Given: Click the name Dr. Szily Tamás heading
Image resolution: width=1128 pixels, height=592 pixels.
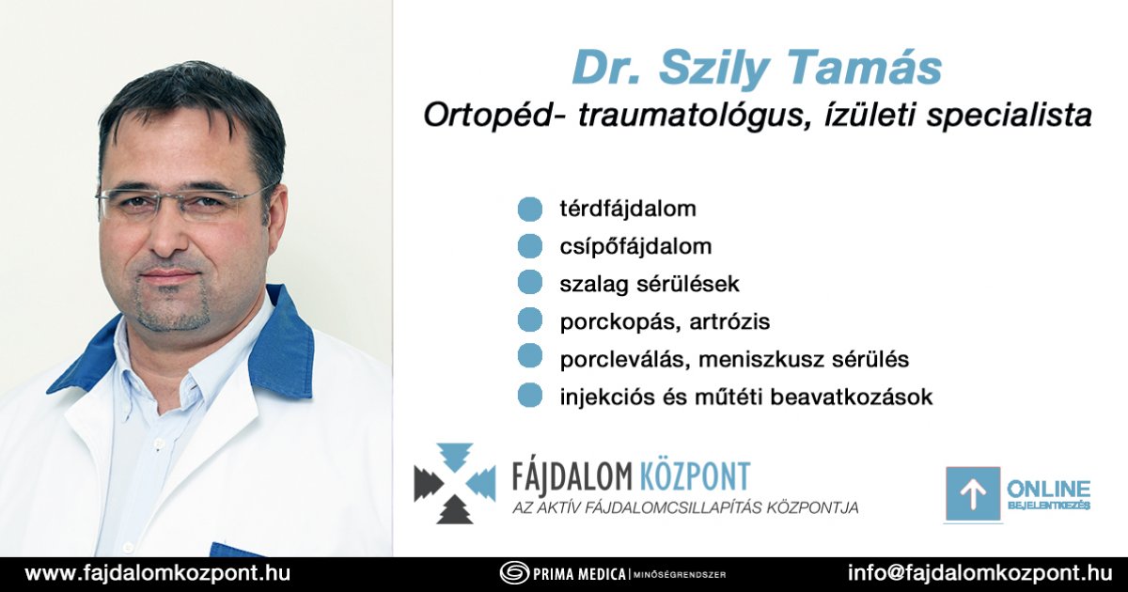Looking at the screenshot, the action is [757, 70].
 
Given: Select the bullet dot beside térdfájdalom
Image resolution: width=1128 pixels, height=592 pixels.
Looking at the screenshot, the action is [530, 209].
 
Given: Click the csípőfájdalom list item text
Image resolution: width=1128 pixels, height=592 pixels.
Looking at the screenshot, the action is [635, 246].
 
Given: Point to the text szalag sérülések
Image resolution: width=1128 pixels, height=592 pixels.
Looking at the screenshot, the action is [650, 284].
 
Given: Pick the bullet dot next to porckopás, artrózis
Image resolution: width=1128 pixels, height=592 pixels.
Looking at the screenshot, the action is [530, 320].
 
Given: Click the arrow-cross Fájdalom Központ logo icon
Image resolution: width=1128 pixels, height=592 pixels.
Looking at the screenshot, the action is [455, 483].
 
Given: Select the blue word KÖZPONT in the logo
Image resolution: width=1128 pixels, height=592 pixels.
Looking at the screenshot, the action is [695, 476].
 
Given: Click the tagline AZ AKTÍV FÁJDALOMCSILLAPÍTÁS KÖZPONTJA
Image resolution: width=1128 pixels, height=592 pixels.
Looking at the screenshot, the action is [685, 507].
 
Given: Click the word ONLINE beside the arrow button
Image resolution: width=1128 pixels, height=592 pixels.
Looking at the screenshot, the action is [1048, 489].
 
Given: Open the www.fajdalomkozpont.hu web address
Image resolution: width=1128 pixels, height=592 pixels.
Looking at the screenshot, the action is [158, 574].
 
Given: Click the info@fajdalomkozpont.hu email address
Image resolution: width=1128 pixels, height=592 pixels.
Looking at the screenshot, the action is [979, 573].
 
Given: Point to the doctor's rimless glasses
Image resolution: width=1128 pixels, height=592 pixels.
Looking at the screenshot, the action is [184, 202].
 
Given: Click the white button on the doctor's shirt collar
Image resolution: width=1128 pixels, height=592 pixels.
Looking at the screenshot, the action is [160, 443].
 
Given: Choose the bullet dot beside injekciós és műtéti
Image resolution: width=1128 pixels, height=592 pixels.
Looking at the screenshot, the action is [530, 396].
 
